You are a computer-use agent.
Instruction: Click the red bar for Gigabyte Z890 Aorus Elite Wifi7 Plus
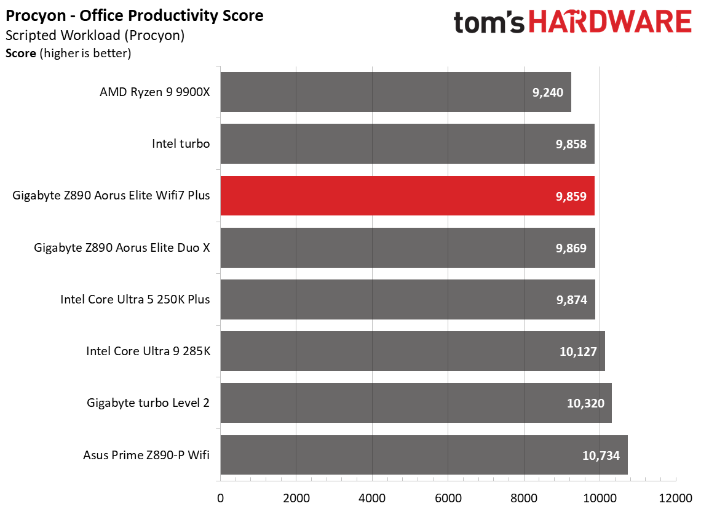click(x=407, y=196)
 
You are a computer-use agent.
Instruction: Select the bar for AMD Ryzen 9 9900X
click(x=395, y=92)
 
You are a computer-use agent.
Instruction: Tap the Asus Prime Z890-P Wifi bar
click(x=424, y=454)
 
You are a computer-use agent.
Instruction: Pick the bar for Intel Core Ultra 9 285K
click(x=413, y=351)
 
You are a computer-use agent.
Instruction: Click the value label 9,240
click(x=548, y=92)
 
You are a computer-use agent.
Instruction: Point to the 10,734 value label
click(x=601, y=456)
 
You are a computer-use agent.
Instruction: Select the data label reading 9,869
click(x=571, y=248)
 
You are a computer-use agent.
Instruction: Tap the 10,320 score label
click(x=585, y=403)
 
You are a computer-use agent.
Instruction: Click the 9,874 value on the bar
click(x=572, y=300)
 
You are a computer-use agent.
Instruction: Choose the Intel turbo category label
click(x=181, y=143)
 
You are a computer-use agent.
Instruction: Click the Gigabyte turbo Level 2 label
click(x=148, y=403)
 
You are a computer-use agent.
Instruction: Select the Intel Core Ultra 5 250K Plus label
click(x=135, y=299)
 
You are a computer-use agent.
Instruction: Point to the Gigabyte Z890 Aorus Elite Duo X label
click(x=122, y=247)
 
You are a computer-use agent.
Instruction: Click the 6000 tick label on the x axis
click(x=448, y=498)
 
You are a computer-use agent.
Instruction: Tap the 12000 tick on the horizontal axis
click(x=676, y=498)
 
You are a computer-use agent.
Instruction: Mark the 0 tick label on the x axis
click(x=220, y=498)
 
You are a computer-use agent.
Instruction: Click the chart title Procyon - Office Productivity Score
click(x=135, y=15)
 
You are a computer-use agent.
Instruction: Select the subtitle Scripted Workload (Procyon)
click(x=95, y=35)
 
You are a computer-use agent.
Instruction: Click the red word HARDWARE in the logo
click(x=610, y=22)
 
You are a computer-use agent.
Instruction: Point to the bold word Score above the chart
click(x=20, y=54)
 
